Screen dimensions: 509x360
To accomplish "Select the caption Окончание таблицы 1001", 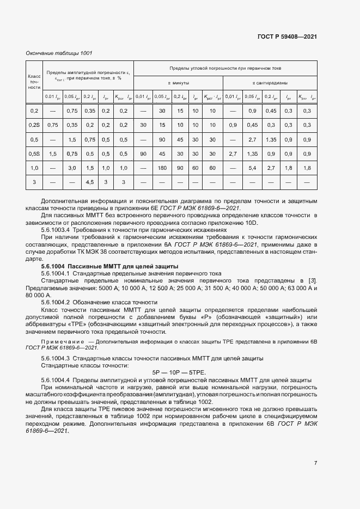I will [x=59, y=53].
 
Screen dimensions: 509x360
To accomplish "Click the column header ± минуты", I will [x=178, y=83].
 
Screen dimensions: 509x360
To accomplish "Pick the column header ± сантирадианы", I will [x=270, y=83].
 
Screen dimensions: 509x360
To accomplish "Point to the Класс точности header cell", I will [x=34, y=82].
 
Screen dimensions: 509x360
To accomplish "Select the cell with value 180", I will [x=161, y=168].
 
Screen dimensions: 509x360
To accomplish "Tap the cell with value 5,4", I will [x=252, y=168].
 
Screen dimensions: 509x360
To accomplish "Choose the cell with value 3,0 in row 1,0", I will [x=71, y=168].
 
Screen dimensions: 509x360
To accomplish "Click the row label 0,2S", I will [x=34, y=125].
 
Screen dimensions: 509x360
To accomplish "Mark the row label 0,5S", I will [x=34, y=154].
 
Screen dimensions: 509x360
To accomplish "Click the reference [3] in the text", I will [x=313, y=280].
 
